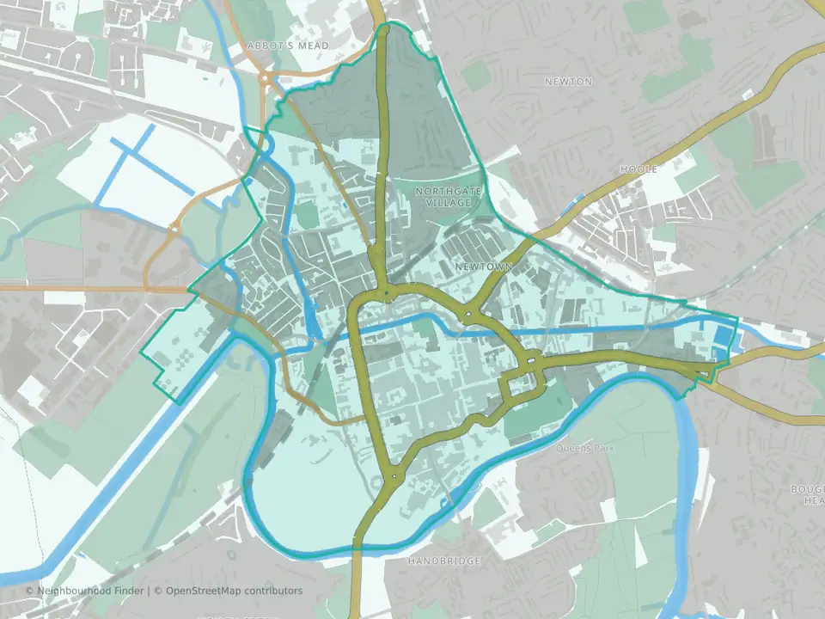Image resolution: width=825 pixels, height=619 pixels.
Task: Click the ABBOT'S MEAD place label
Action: coord(287,45)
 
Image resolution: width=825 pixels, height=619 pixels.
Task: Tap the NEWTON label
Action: coord(568,82)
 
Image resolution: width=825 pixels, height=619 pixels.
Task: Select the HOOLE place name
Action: coord(639,169)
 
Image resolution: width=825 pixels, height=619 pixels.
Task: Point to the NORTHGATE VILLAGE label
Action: coord(443,196)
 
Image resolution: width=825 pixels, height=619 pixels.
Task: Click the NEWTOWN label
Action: coord(483,267)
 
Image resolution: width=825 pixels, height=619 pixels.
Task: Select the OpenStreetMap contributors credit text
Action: coord(234,591)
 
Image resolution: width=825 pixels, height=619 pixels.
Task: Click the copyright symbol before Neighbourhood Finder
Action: coord(30,591)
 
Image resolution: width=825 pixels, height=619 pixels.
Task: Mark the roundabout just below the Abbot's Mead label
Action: coord(266,78)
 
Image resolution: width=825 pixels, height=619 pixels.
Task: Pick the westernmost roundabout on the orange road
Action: coord(174,229)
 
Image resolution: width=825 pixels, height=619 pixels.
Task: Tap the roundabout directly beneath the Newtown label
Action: coord(467,315)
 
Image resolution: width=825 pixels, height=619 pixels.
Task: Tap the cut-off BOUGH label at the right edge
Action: coord(808,494)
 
